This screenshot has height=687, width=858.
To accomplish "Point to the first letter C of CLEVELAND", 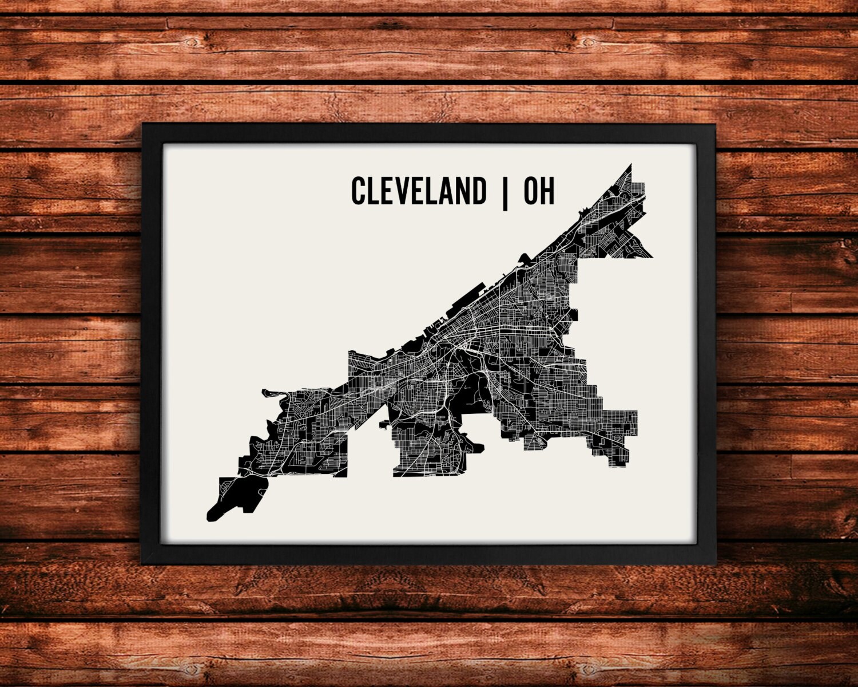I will pyautogui.click(x=359, y=191).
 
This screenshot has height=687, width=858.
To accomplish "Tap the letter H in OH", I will pyautogui.click(x=547, y=191).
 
